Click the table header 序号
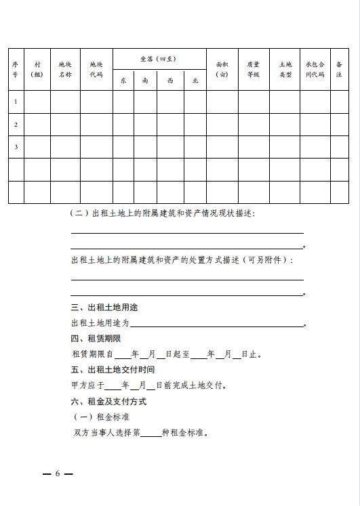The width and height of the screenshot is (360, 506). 15,69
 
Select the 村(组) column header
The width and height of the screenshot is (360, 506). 37,69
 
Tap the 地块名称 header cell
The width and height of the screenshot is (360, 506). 65,69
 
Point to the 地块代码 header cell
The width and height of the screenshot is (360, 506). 96,69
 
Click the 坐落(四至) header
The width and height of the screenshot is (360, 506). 159,58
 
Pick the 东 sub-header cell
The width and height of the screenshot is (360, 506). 123,81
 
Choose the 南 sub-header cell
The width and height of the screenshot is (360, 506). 145,81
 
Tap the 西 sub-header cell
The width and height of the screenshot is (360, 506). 170,81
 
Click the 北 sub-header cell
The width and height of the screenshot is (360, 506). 195,81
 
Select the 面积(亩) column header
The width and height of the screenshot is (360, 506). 222,69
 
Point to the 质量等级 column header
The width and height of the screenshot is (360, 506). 254,69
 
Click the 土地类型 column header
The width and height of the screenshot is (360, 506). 285,69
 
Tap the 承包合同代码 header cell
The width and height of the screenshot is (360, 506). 315,69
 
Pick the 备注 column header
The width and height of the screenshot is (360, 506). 339,69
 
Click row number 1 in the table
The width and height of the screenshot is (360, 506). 15,102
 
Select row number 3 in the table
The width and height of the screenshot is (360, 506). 15,146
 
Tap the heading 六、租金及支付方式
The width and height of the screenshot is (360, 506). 108,401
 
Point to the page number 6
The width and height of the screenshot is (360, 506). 58,473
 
